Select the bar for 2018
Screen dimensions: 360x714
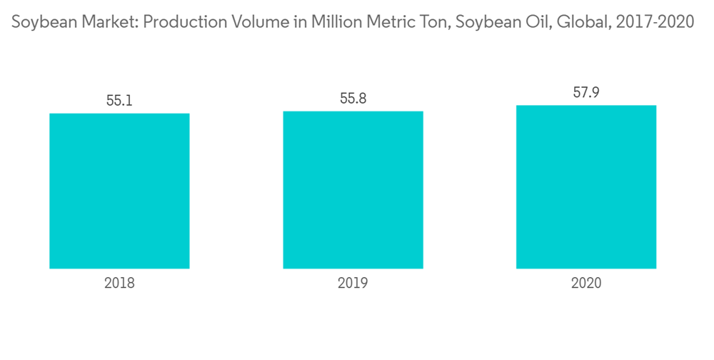tap(119, 191)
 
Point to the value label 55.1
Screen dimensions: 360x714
tap(119, 101)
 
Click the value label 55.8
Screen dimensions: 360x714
tap(353, 99)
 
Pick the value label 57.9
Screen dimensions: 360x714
tap(586, 93)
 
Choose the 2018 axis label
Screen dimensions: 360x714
tap(119, 284)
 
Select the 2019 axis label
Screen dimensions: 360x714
tap(353, 284)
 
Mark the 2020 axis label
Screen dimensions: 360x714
tap(586, 284)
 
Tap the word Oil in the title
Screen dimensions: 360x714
tap(523, 22)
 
